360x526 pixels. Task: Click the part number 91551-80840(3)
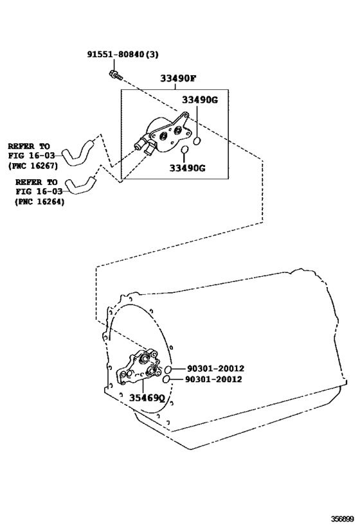click(123, 54)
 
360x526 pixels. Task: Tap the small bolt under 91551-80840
click(115, 75)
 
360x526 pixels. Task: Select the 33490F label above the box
click(178, 78)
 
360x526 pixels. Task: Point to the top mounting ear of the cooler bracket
click(184, 115)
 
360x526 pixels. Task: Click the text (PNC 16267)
click(33, 166)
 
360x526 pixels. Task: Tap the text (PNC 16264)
click(40, 202)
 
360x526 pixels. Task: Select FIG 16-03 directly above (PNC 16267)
click(32, 155)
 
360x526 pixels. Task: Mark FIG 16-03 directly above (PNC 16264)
click(39, 191)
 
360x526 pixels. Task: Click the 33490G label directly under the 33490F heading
click(200, 100)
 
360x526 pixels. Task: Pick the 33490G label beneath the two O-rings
click(187, 168)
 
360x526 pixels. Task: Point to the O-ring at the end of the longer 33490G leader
click(197, 141)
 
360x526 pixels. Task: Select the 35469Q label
click(147, 398)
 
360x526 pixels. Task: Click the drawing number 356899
click(343, 519)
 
